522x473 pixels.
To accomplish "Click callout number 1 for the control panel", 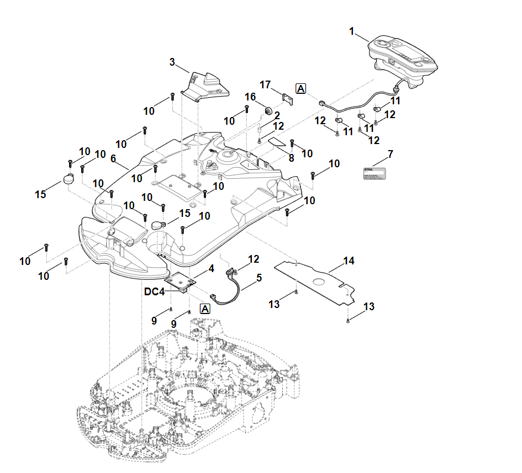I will [352, 31].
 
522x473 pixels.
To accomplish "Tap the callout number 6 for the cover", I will [113, 158].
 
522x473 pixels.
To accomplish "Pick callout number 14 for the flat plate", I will [349, 260].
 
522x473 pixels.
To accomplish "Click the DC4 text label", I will [155, 292].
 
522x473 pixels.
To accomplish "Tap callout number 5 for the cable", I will [259, 279].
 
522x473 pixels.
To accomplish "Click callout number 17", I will [265, 84].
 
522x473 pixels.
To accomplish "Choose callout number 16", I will [250, 97].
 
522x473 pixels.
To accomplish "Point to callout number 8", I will [291, 158].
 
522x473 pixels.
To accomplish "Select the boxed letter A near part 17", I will [301, 88].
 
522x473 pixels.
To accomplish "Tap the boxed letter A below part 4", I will [205, 309].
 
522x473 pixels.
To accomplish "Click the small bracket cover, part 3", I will [207, 86].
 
